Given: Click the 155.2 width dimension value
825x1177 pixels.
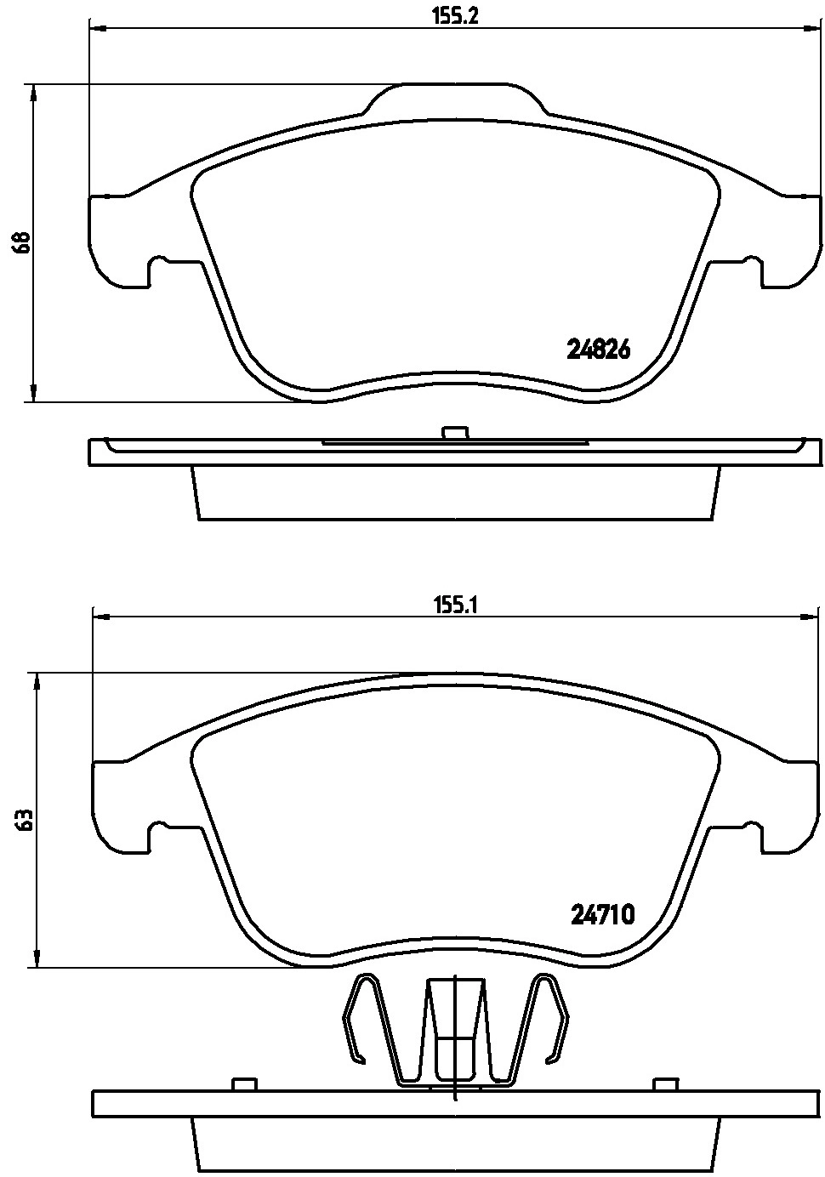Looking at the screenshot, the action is click(x=455, y=16).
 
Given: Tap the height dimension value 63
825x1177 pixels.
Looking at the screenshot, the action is click(x=25, y=819).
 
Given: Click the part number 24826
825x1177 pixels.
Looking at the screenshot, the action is click(x=598, y=350).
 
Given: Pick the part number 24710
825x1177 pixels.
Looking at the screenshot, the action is click(x=603, y=916).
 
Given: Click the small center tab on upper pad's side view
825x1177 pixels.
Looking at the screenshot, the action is click(x=455, y=432).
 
